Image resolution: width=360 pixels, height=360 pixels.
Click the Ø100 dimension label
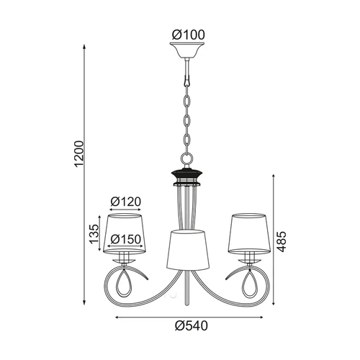(189, 35)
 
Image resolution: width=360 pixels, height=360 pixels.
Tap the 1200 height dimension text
(79, 154)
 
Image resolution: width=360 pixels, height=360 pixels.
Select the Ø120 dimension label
(126, 202)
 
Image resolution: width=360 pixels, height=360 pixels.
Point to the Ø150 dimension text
(126, 239)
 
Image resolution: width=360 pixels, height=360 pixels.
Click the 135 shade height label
(94, 234)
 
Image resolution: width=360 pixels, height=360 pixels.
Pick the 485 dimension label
(282, 242)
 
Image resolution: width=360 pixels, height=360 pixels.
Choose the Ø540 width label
(192, 326)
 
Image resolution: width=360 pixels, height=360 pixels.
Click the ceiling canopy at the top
(187, 50)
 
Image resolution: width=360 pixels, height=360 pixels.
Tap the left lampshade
(125, 233)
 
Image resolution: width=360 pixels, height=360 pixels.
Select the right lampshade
(249, 233)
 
